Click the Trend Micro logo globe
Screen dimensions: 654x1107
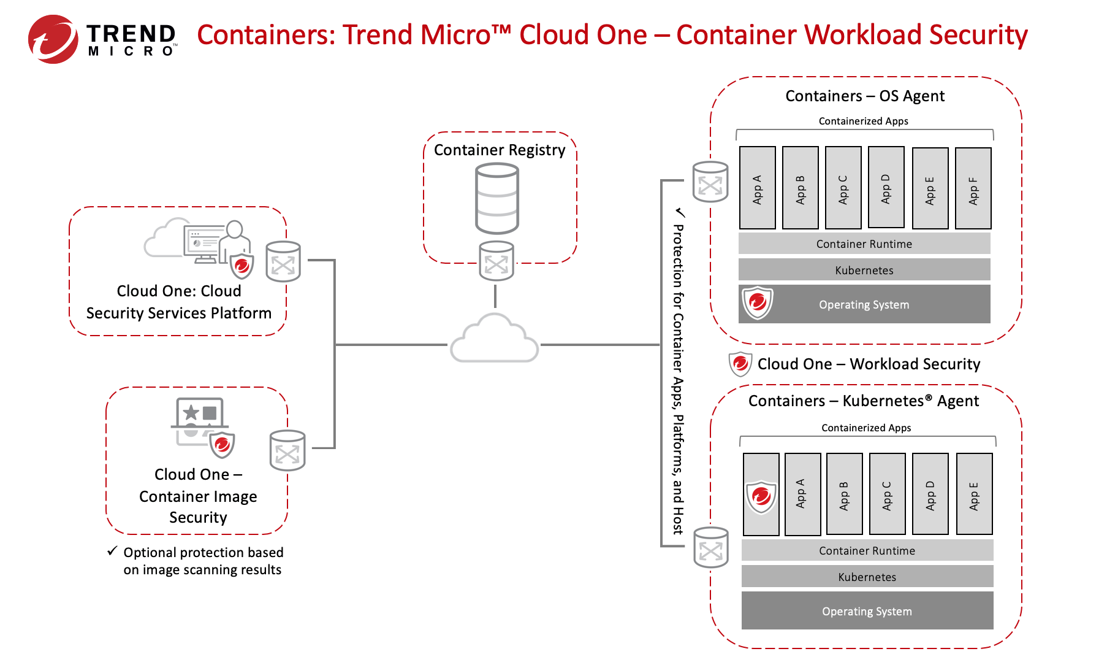click(53, 39)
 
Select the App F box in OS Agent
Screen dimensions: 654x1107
click(973, 188)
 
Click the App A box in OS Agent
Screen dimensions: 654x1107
click(757, 188)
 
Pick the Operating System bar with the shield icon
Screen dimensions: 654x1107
click(864, 304)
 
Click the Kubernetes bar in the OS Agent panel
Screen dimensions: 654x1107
click(864, 270)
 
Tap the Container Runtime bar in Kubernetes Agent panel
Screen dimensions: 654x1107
click(867, 550)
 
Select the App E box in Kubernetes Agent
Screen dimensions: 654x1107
click(974, 494)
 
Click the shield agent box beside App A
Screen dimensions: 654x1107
click(761, 494)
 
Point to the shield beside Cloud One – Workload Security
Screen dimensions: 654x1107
click(740, 364)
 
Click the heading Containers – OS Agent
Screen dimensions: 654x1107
click(864, 96)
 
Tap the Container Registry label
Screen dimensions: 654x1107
click(500, 150)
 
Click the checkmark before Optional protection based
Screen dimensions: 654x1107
click(112, 551)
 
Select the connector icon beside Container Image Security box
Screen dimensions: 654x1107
click(287, 451)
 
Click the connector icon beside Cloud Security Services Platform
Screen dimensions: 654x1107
click(283, 262)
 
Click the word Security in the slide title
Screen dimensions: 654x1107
click(978, 35)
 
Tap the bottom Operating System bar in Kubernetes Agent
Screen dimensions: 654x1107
click(867, 611)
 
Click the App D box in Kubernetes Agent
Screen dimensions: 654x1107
click(930, 494)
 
